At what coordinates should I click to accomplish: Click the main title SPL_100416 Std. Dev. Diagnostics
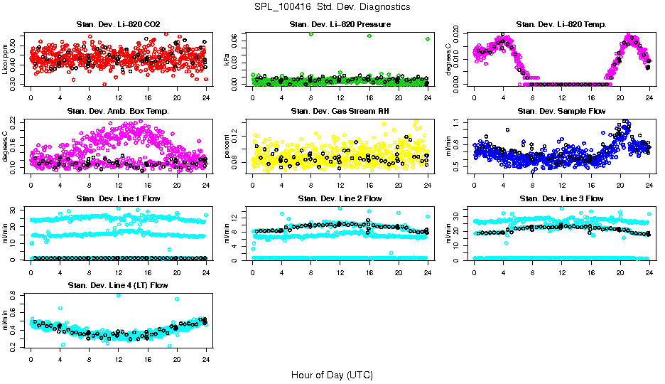332,7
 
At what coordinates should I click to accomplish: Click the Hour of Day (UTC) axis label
332,374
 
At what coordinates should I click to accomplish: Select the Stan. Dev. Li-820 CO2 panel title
118,24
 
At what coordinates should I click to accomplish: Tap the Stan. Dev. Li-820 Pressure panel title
340,24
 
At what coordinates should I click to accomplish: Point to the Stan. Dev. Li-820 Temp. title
561,24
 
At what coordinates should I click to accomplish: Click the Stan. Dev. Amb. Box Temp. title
118,111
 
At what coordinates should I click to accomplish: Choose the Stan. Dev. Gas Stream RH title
340,111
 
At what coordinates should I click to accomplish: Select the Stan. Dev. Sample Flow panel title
561,111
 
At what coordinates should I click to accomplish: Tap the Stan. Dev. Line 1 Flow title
118,198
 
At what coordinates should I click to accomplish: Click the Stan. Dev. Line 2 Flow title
340,198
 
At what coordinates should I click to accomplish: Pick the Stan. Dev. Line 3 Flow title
561,198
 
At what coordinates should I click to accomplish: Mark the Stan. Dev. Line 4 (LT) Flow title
118,285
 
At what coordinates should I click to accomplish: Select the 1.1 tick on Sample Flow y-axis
458,123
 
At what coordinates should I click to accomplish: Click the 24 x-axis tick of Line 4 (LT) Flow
206,358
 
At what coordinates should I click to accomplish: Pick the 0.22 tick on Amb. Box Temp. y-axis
14,121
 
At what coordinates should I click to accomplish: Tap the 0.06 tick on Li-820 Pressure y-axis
236,36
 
